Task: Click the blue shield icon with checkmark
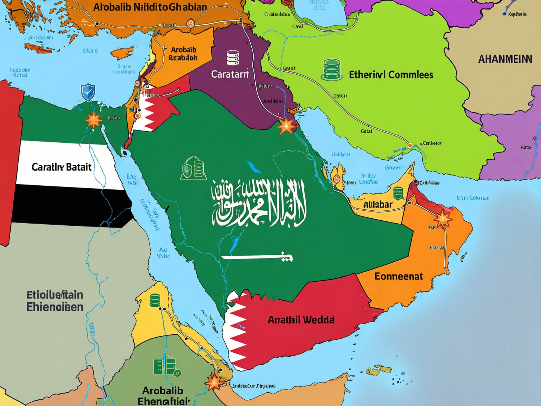click(88, 92)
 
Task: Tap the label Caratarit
click(230, 74)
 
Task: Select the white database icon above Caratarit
click(233, 58)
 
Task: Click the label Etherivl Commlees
click(391, 75)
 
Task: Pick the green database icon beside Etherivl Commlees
click(332, 70)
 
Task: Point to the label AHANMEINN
click(505, 59)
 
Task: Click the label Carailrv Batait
click(61, 167)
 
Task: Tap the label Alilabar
click(378, 205)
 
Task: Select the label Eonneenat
click(398, 276)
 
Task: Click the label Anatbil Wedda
click(301, 320)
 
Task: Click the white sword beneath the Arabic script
click(257, 257)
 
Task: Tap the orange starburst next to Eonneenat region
click(443, 219)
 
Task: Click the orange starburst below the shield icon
click(94, 120)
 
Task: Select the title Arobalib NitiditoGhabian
click(150, 7)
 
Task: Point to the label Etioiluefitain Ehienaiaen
click(55, 301)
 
